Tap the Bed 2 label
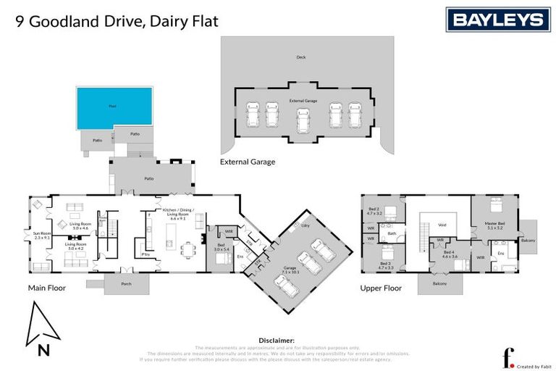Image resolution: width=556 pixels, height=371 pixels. [374, 210]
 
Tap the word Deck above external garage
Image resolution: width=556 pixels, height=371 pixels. [301, 57]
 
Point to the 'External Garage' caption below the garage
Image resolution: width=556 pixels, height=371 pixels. [248, 162]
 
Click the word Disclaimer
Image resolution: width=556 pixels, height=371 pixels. [277, 339]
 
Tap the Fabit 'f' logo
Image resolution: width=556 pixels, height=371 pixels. [507, 358]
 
